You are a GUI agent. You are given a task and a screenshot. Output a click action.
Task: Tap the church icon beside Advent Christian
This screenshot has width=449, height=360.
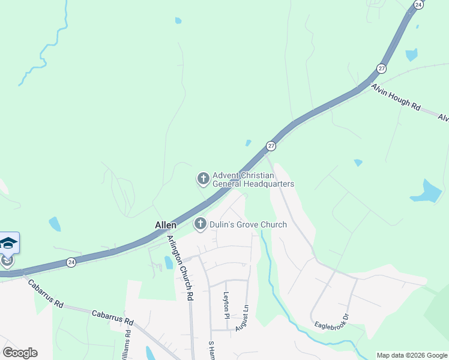[203, 179]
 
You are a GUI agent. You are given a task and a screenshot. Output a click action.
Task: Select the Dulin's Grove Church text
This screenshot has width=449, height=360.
[248, 225]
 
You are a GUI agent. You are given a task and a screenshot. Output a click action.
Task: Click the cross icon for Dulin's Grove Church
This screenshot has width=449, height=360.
[200, 224]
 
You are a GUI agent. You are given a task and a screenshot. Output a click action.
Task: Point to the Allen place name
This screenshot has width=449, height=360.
[166, 225]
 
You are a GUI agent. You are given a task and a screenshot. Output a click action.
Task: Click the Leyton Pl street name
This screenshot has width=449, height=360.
[226, 305]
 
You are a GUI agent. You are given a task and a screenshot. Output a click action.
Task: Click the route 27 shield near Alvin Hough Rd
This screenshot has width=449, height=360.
[381, 68]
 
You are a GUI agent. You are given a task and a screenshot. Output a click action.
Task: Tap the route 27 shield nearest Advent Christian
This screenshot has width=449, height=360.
[271, 146]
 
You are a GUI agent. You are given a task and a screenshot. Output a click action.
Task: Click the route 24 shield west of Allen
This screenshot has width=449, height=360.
[71, 262]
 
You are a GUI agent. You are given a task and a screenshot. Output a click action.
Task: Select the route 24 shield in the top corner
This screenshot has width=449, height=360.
[418, 4]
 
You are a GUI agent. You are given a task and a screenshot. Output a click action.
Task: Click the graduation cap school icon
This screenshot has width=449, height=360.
[8, 243]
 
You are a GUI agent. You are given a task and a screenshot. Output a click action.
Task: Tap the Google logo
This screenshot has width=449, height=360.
[20, 353]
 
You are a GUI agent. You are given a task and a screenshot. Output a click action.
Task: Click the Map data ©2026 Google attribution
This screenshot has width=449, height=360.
[412, 355]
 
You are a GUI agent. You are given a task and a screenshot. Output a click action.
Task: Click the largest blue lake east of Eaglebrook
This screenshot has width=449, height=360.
[428, 191]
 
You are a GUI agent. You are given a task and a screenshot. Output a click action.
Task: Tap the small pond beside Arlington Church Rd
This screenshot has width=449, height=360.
[168, 262]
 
